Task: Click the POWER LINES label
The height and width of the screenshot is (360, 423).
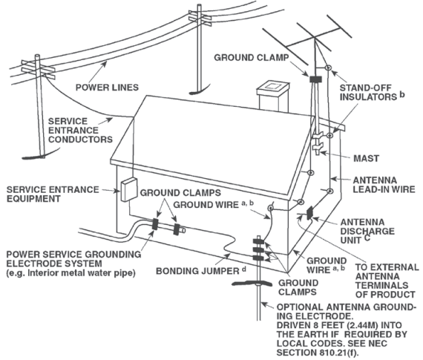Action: click(x=107, y=88)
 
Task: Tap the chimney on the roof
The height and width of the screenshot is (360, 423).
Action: click(x=273, y=96)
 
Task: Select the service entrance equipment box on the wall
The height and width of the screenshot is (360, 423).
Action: click(x=128, y=189)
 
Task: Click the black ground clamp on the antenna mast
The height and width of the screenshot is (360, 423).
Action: click(x=315, y=79)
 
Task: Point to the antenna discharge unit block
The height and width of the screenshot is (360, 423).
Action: click(x=309, y=213)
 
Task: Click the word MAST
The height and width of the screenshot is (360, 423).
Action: click(x=366, y=158)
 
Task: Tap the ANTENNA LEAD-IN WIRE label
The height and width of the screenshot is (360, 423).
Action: click(x=384, y=185)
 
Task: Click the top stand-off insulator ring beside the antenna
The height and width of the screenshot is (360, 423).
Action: click(x=328, y=68)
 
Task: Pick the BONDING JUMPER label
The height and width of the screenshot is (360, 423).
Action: click(x=197, y=271)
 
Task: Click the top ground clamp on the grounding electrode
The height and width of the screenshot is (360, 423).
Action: click(x=258, y=240)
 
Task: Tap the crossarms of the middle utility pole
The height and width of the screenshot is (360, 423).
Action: click(x=200, y=18)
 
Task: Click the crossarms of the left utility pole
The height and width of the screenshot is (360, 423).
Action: click(x=38, y=69)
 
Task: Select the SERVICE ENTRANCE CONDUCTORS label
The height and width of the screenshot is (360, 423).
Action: click(x=80, y=131)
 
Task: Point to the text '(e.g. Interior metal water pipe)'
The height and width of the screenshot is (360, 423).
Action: click(x=70, y=273)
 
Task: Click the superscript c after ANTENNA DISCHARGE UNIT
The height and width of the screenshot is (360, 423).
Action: click(x=367, y=238)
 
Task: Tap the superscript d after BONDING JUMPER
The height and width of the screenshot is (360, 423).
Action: click(x=244, y=269)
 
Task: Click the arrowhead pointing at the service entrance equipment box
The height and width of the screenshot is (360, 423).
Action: click(x=117, y=192)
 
